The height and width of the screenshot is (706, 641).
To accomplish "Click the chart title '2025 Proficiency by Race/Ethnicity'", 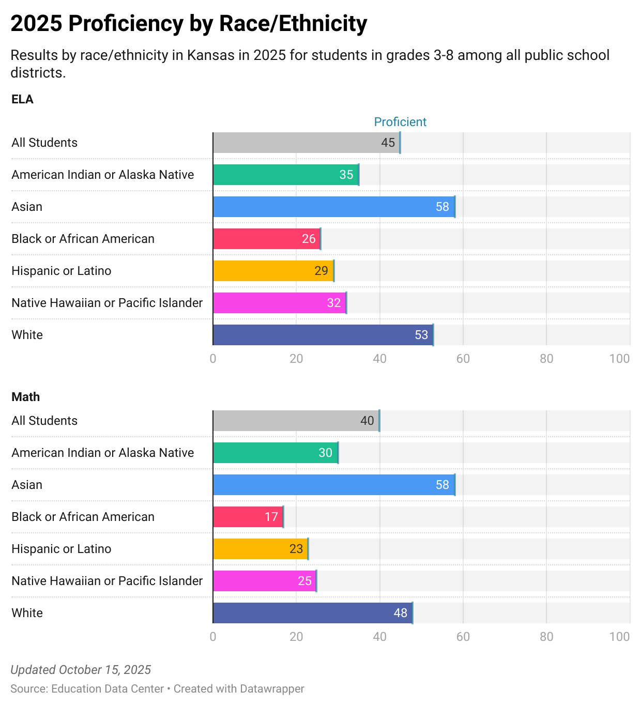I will (189, 24).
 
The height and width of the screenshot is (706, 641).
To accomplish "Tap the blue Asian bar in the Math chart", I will (334, 485).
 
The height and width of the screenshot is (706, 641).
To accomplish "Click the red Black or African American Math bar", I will (248, 517).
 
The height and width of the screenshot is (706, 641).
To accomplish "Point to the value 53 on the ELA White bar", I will (421, 335).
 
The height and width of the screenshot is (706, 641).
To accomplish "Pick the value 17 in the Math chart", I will (271, 517).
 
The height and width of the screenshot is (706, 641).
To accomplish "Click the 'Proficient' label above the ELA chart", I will (400, 122).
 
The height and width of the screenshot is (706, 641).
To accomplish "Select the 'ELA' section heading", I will (22, 99).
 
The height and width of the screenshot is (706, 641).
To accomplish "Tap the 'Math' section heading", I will (25, 397).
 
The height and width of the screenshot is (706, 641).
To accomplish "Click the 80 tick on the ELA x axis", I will (546, 359).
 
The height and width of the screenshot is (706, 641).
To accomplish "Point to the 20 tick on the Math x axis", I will (296, 637).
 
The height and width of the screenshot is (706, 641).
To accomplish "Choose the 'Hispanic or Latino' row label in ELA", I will (61, 271).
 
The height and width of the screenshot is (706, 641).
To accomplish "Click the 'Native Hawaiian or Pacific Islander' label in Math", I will (107, 581).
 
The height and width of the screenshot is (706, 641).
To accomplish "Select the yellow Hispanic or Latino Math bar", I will (260, 549).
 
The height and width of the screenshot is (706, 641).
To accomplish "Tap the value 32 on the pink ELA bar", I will (334, 303).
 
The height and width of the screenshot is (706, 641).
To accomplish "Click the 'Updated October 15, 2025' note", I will (81, 670).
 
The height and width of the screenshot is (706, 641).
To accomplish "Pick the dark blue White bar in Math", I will (312, 613).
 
